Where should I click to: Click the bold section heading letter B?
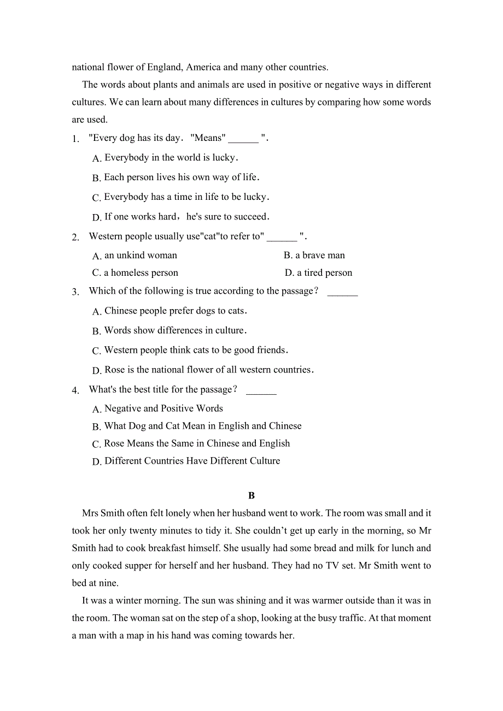[x=251, y=496]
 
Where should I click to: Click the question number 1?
[x=75, y=139]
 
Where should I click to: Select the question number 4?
[x=75, y=390]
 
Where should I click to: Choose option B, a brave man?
[x=314, y=256]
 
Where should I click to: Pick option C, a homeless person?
[x=135, y=273]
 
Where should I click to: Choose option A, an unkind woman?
[x=135, y=256]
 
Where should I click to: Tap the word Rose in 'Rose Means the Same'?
[x=114, y=443]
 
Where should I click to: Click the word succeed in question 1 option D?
[x=249, y=217]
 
